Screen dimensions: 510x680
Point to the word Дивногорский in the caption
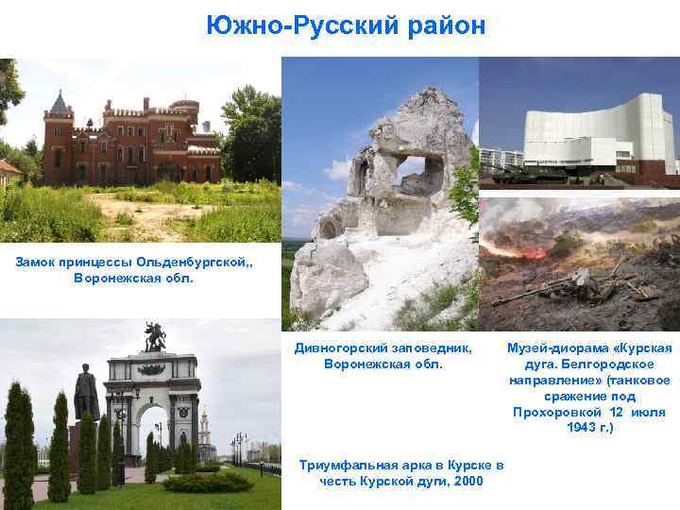pos(341,347)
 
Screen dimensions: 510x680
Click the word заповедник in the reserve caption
pos(429,347)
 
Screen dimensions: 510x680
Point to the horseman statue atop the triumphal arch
pos(155,337)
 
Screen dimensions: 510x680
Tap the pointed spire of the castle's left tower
pos(61,100)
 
